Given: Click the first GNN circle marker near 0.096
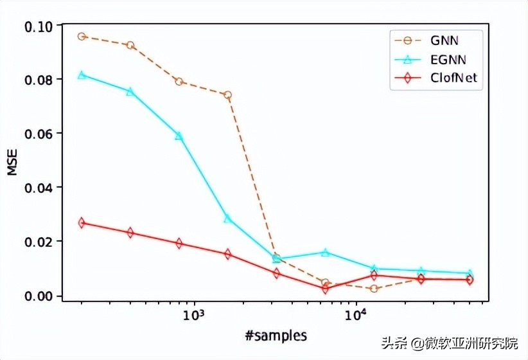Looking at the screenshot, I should coord(82,37).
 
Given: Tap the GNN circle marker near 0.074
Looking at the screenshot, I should coord(227,95).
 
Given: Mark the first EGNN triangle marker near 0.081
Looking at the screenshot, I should coord(82,75).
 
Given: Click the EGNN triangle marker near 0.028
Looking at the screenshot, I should coord(227,219).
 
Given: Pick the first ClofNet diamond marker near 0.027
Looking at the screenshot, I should coord(82,222).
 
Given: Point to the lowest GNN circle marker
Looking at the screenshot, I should coord(374,289).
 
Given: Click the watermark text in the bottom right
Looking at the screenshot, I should coord(453,343).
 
